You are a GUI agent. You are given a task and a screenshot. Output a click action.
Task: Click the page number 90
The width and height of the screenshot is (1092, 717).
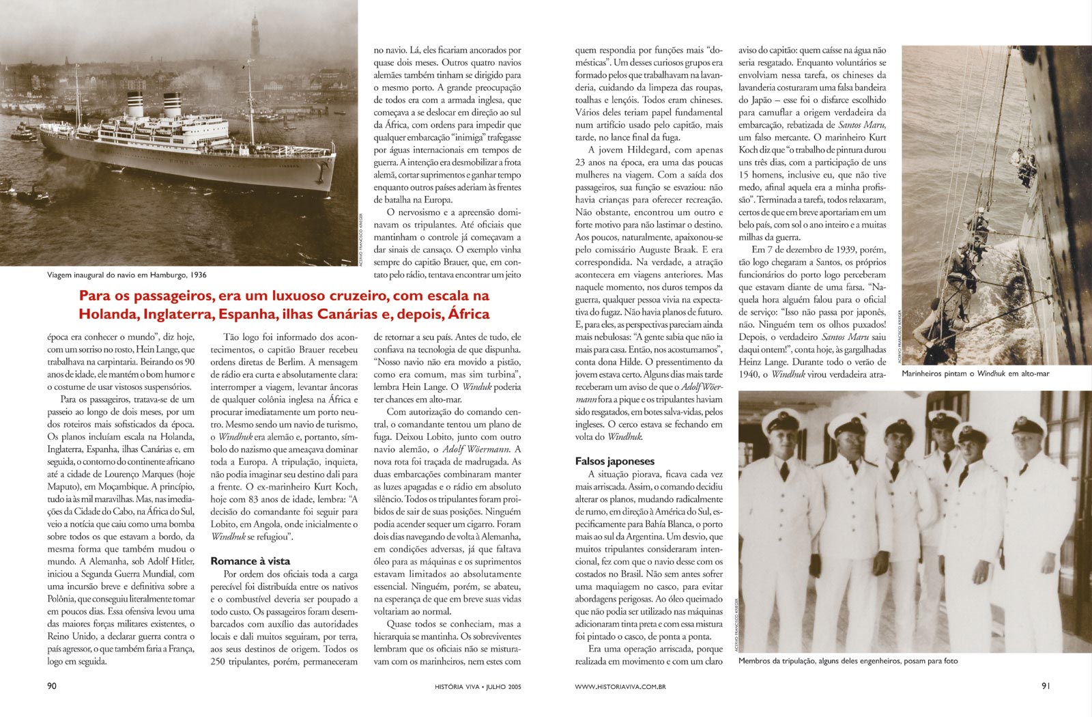(51, 686)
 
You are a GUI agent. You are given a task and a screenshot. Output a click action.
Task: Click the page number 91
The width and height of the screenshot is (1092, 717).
(1046, 686)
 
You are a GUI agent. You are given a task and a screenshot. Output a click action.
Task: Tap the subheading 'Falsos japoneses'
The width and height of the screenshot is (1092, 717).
(615, 461)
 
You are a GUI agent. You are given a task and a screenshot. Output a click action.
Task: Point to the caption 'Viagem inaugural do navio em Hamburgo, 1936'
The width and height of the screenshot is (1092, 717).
(127, 275)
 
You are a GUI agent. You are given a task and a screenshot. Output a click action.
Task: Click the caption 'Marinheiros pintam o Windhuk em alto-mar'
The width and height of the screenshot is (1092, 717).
(975, 374)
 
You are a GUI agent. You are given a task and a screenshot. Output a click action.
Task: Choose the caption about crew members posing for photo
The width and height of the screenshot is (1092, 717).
(848, 660)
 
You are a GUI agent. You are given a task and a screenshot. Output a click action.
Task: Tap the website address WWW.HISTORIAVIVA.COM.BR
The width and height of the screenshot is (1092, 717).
(620, 686)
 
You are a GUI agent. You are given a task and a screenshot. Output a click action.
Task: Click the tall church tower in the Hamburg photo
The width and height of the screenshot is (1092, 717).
(255, 34)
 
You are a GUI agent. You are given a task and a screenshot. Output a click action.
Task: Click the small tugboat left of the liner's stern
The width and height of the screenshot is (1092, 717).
(24, 133)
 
